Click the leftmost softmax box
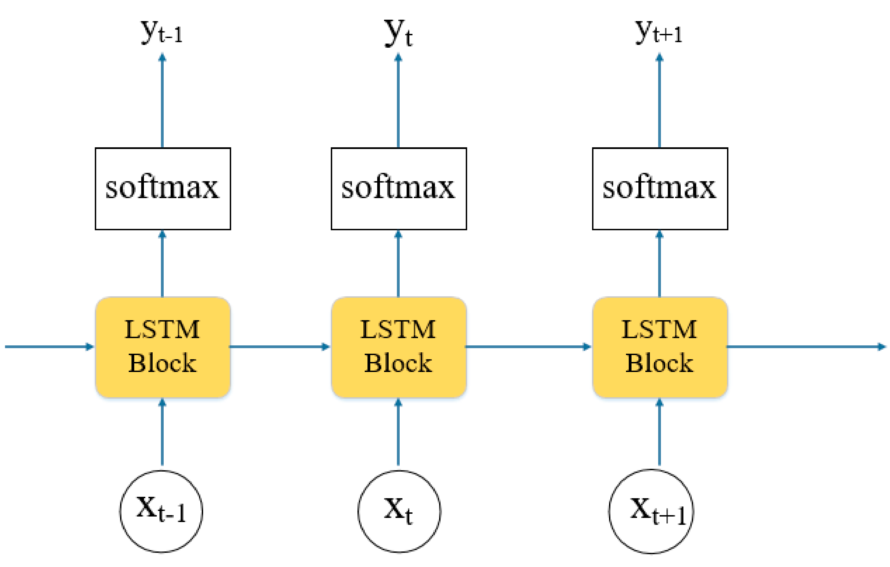tap(163, 189)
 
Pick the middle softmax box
tap(398, 189)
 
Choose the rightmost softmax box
tap(660, 189)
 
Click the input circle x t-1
tap(161, 511)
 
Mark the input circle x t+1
tap(651, 511)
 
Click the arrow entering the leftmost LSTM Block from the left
tap(48, 346)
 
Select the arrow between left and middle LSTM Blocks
tap(279, 346)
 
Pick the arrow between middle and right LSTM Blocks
tap(528, 346)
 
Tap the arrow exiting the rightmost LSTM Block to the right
tap(806, 346)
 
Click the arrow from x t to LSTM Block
tap(398, 432)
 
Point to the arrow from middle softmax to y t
tap(398, 102)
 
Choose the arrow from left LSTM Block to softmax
tap(162, 264)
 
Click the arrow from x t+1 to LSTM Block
tap(660, 432)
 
